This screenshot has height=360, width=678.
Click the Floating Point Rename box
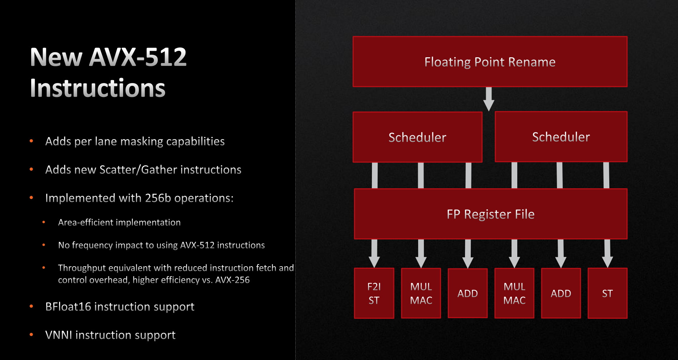pyautogui.click(x=490, y=62)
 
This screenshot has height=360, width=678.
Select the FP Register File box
pyautogui.click(x=490, y=214)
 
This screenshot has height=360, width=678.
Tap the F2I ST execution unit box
pyautogui.click(x=374, y=293)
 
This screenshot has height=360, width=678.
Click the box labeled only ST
pyautogui.click(x=607, y=293)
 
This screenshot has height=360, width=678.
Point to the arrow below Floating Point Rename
pyautogui.click(x=489, y=99)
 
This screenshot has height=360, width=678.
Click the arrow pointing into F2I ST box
pyautogui.click(x=374, y=253)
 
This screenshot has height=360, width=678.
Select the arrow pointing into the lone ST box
pyautogui.click(x=607, y=253)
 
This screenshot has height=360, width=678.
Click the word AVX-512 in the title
pyautogui.click(x=138, y=57)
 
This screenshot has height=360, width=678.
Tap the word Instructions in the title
pyautogui.click(x=98, y=88)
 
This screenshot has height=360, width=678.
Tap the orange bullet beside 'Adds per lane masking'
pyautogui.click(x=32, y=141)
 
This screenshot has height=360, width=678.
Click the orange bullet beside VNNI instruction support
pyautogui.click(x=32, y=335)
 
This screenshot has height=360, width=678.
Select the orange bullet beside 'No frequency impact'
pyautogui.click(x=44, y=245)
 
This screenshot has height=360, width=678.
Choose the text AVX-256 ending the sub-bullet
pyautogui.click(x=232, y=280)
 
